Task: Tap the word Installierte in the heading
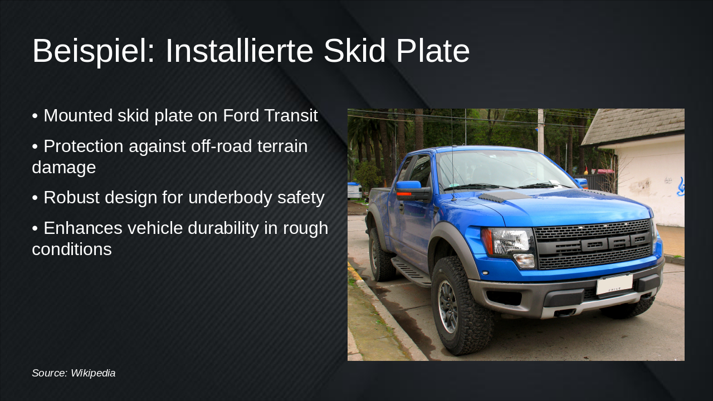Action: tap(240, 51)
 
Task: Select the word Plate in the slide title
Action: tap(433, 51)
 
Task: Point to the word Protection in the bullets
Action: tap(84, 146)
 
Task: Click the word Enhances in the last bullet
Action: tap(83, 228)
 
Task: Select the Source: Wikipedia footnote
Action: tap(74, 373)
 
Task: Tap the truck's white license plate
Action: tap(614, 284)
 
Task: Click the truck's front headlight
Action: tap(509, 245)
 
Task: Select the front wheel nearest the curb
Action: tap(462, 306)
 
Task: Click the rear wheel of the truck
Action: tap(381, 255)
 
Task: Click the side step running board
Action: tap(411, 271)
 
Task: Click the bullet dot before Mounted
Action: tap(35, 116)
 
